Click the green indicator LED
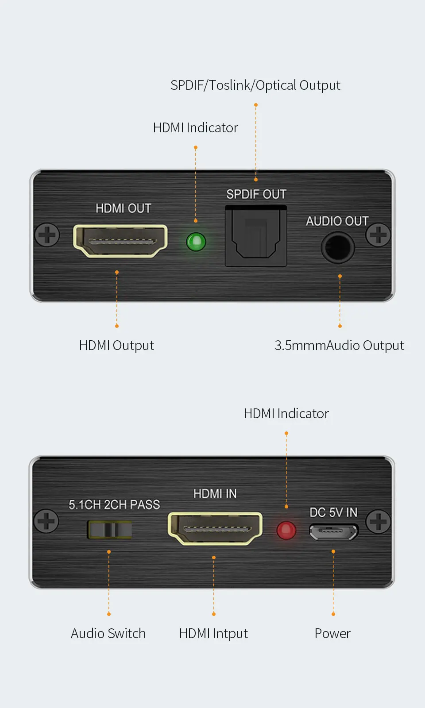coord(196,242)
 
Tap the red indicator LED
coord(286,530)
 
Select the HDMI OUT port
coord(120,241)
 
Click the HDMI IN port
coord(215,528)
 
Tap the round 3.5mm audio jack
coord(338,248)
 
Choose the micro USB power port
coord(333,532)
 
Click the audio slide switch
coord(110,530)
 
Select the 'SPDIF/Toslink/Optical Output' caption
coord(255,85)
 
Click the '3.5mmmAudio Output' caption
coord(339,346)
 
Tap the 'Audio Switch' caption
coord(108,634)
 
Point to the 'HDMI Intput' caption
coord(213,634)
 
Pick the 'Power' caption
coord(332,634)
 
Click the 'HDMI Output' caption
coord(116,346)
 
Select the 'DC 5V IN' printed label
coord(333,512)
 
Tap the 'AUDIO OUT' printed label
coord(337,221)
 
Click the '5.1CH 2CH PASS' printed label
coord(114,505)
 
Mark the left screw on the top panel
coord(47,235)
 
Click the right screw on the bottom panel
coord(378,521)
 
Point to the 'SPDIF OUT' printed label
coord(256,194)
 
